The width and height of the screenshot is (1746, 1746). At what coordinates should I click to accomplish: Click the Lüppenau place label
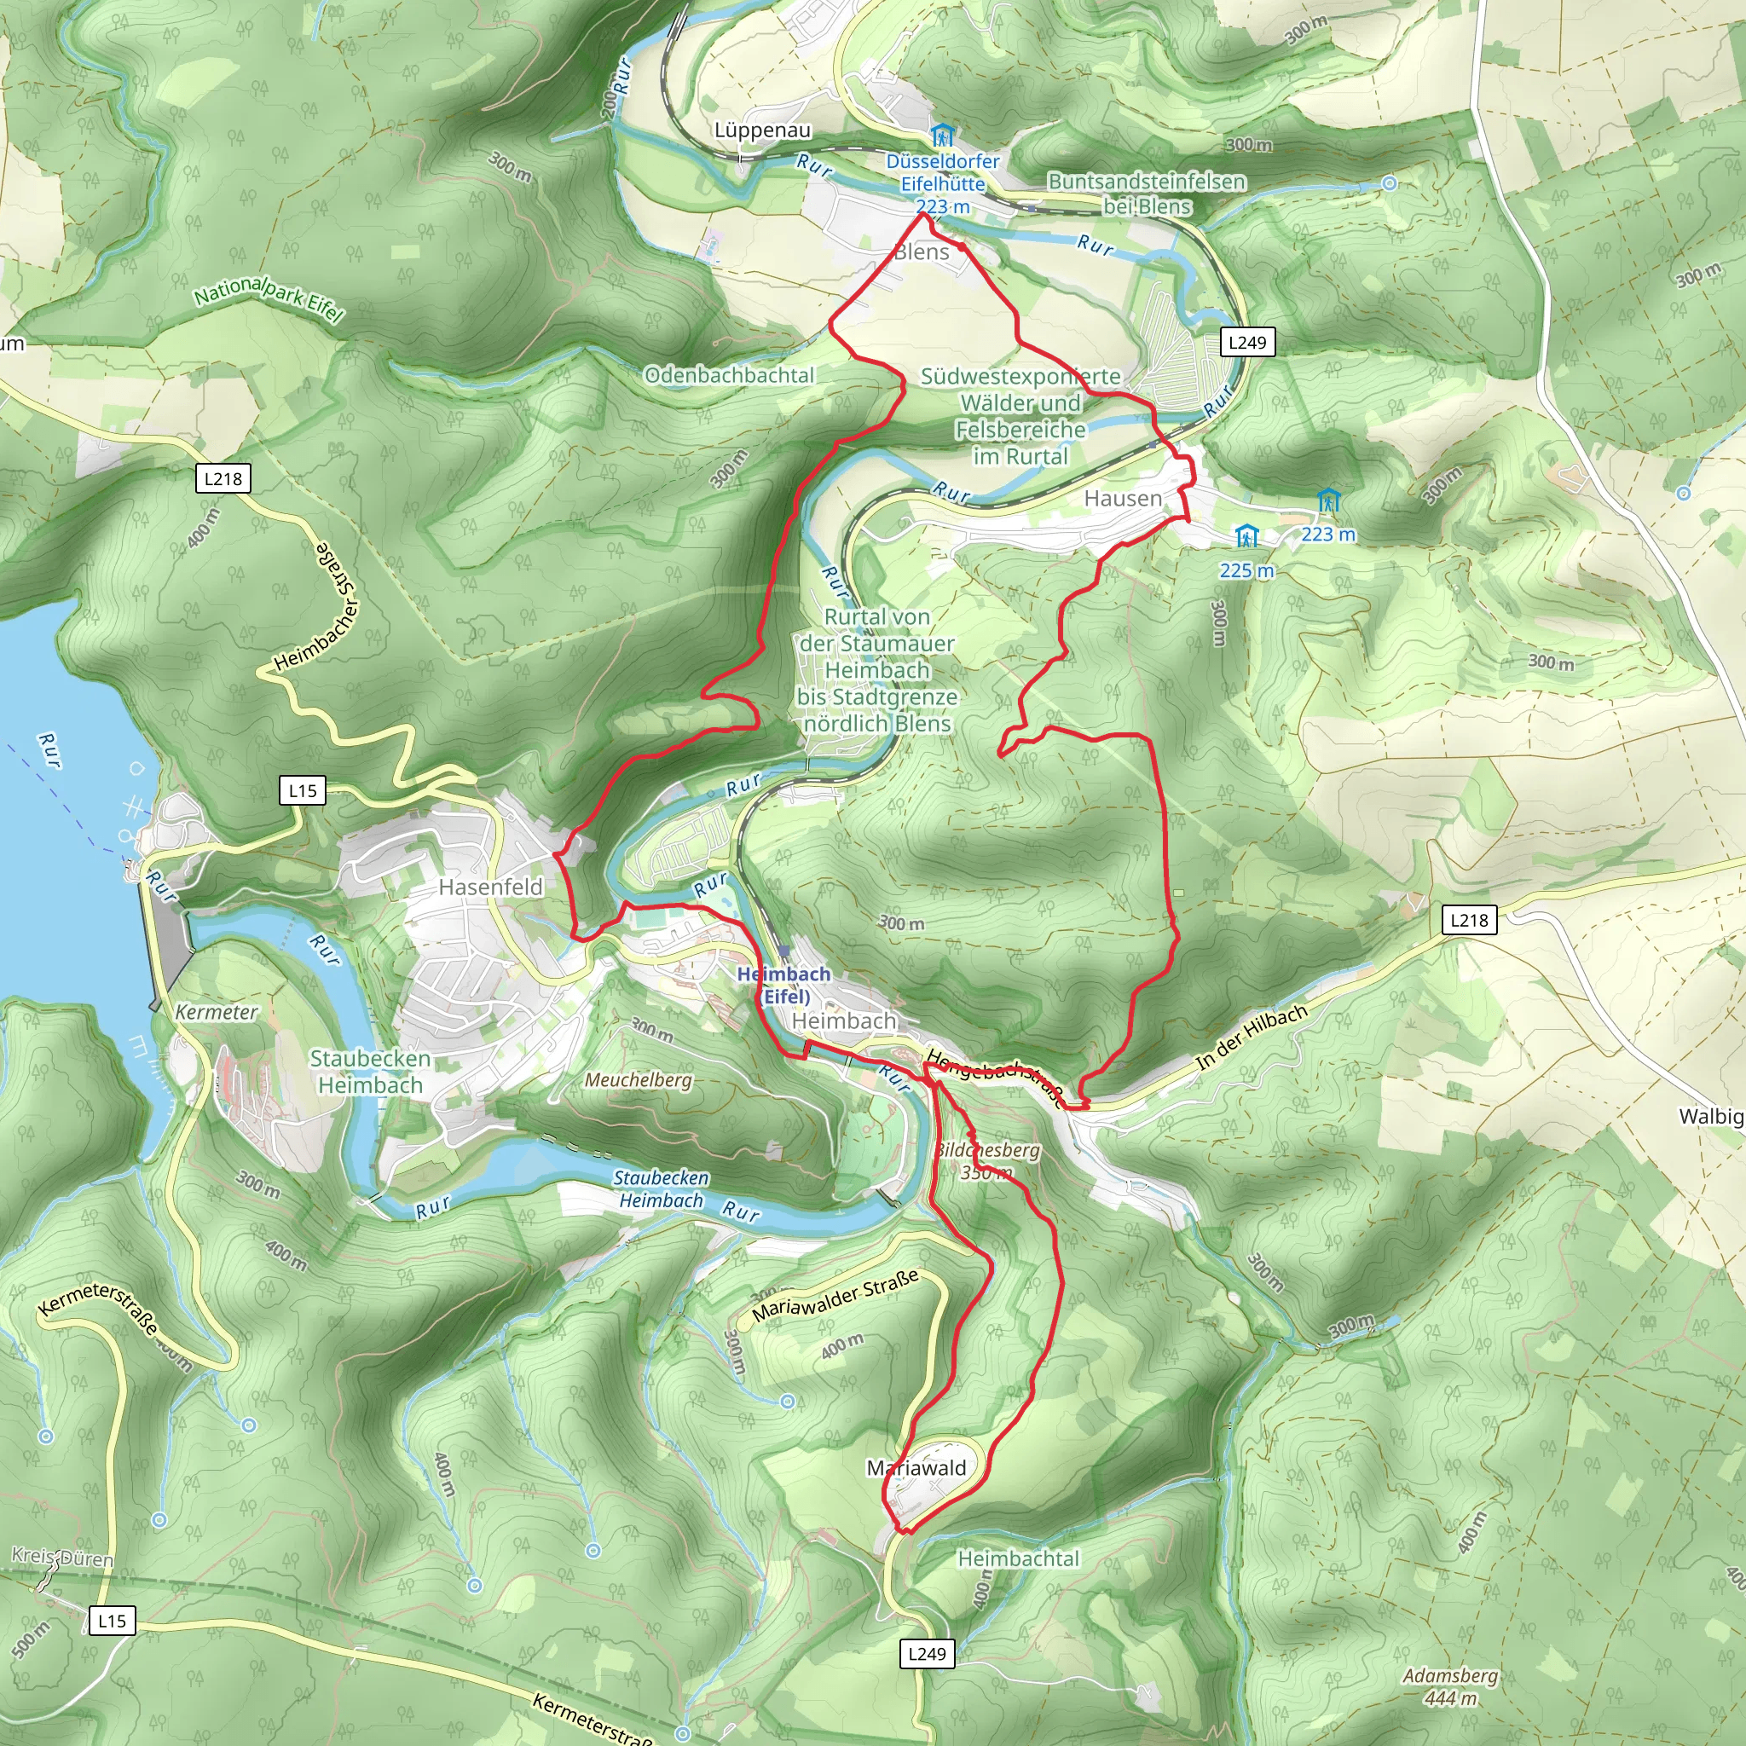click(763, 130)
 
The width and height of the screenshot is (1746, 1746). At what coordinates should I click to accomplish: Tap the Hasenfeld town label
click(491, 887)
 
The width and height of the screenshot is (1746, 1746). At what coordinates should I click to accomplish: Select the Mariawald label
click(916, 1468)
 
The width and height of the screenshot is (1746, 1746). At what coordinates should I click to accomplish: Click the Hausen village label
click(1123, 498)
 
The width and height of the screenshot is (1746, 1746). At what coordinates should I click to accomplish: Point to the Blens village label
click(921, 252)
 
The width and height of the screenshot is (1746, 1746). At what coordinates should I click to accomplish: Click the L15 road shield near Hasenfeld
click(303, 791)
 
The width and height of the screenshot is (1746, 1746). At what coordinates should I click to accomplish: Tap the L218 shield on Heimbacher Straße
click(223, 479)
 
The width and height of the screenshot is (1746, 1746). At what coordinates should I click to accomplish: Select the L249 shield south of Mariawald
click(928, 1654)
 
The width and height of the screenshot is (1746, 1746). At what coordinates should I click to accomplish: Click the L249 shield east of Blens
click(1247, 343)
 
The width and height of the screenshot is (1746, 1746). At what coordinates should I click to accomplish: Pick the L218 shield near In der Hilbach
click(1469, 920)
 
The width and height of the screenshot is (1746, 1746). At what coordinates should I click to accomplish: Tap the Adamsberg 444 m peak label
click(1449, 1686)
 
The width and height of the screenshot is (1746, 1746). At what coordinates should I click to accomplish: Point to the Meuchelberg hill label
click(638, 1080)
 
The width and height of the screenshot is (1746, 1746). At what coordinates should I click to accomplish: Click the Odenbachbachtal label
click(729, 375)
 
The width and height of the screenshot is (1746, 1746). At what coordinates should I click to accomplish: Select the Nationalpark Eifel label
click(269, 299)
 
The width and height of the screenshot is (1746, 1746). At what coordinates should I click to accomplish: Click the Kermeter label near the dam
click(216, 1012)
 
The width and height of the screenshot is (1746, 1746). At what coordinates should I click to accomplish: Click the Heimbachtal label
click(1019, 1558)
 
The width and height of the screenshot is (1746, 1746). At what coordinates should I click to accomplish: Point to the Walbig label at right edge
click(1711, 1116)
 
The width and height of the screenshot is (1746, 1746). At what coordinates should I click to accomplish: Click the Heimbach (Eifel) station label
click(783, 985)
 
